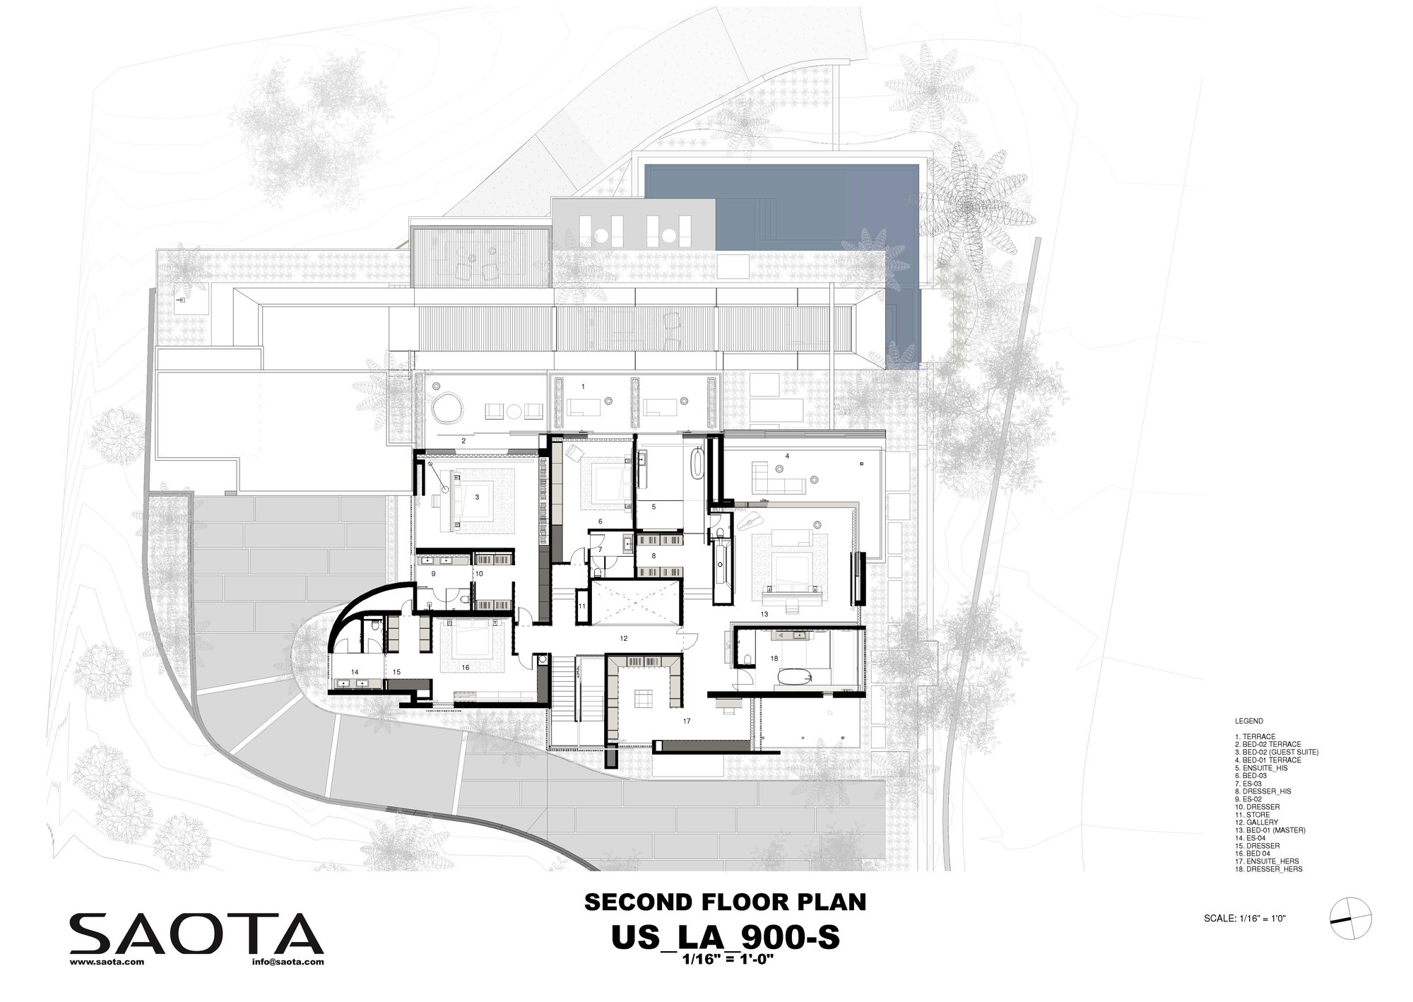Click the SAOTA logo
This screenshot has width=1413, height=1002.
196,933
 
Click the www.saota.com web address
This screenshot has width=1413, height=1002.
107,962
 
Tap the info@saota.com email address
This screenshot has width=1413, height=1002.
287,962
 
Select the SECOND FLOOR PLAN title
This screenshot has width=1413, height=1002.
724,902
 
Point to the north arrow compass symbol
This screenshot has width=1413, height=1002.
1350,919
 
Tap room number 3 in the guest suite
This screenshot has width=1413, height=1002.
477,497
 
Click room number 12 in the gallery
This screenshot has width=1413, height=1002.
623,638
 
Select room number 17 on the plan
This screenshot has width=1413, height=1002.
686,721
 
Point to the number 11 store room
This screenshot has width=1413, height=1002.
582,606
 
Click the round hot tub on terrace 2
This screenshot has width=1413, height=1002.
449,408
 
